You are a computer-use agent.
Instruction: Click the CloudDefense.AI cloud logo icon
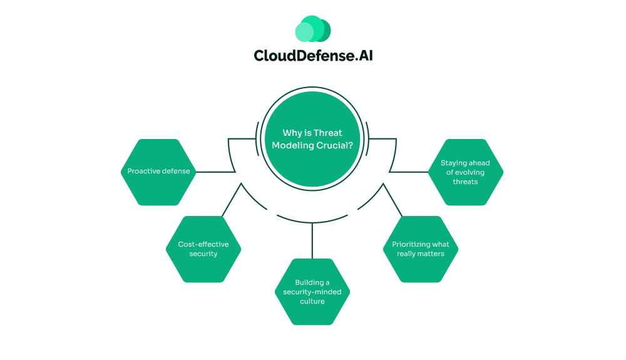pos(312,29)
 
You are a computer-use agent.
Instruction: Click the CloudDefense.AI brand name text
pos(313,55)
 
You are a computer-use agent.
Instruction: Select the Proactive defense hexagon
pos(158,172)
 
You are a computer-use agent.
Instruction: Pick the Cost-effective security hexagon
pos(203,249)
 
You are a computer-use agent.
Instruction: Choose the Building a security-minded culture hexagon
pos(312,292)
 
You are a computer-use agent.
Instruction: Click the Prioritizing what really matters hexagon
pos(421,249)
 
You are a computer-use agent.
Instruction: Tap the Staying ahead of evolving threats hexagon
pos(465,172)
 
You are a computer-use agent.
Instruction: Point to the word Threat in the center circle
pos(327,133)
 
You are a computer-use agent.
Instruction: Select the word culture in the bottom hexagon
pos(312,301)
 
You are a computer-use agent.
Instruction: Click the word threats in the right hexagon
pos(465,182)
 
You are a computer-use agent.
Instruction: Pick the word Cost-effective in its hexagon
pos(203,244)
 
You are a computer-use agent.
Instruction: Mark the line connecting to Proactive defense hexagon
pos(216,172)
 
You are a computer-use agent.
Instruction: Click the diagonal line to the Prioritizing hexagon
pos(393,200)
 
